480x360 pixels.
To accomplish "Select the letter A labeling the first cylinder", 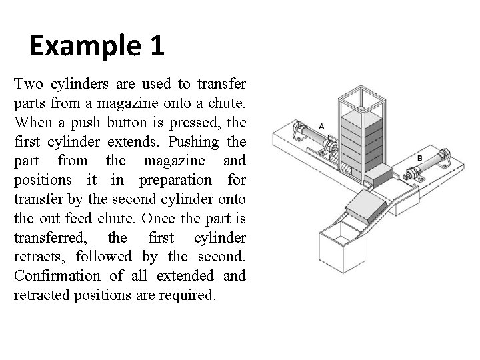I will [321, 125].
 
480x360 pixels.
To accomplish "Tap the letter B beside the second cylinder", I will [419, 158].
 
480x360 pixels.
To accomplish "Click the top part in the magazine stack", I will [360, 119].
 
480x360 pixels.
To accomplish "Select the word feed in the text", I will [83, 218].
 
